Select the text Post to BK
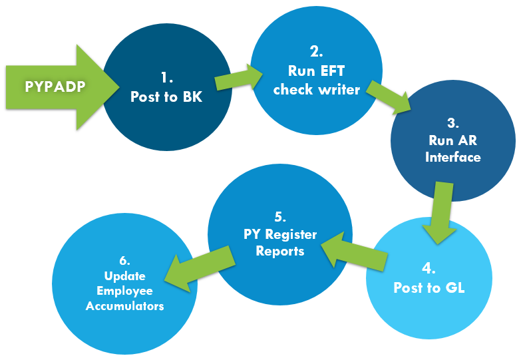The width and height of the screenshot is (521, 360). [x=166, y=96]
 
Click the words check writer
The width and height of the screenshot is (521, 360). [x=316, y=89]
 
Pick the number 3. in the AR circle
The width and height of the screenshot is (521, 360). [x=453, y=124]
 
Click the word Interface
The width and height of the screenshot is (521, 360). [x=453, y=158]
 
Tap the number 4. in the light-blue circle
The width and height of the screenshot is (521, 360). [x=429, y=269]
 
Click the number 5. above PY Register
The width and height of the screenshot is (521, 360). [x=280, y=217]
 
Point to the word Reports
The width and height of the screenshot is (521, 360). [x=280, y=252]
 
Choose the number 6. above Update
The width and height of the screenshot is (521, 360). [x=124, y=260]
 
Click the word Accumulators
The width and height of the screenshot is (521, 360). [x=124, y=306]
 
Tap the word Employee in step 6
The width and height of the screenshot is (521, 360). [x=124, y=291]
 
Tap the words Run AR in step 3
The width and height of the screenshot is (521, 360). [x=453, y=141]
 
